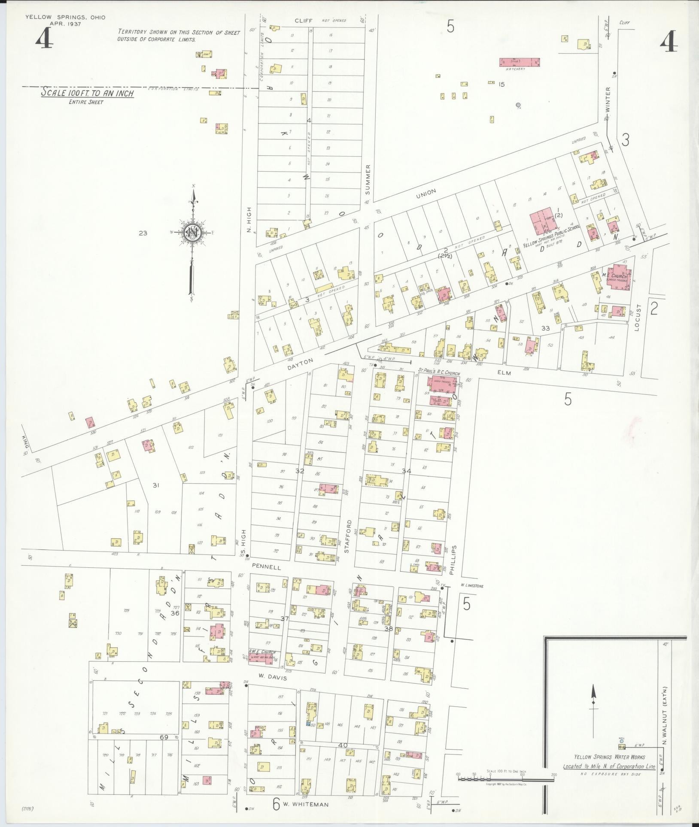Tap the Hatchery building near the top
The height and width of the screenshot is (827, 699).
[x=519, y=62]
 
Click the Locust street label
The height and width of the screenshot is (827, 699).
[x=638, y=316]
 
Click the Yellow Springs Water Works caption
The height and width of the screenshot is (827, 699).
[x=610, y=757]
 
